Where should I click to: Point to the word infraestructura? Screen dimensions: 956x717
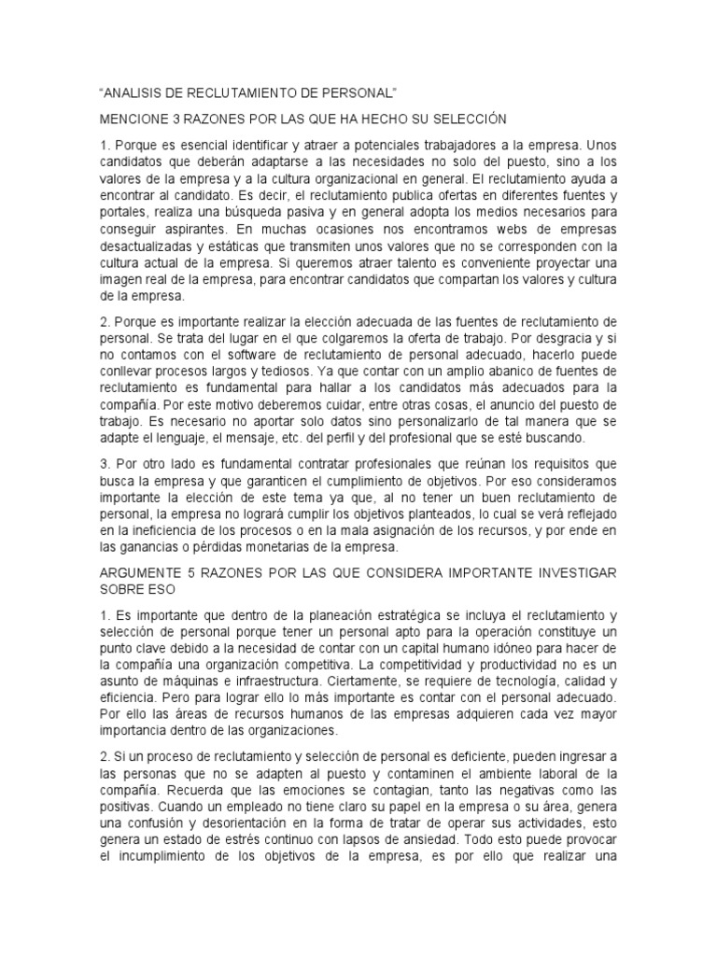coord(288,668)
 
